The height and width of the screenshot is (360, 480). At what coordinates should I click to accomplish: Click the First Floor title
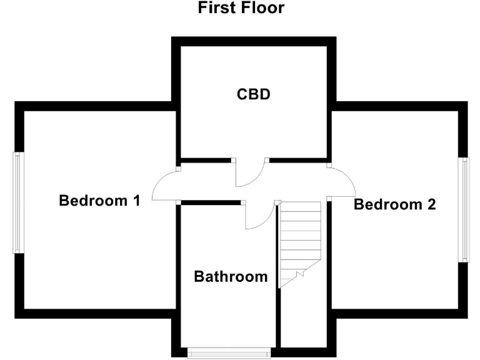point(241,8)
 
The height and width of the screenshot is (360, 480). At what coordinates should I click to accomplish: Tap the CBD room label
point(253,95)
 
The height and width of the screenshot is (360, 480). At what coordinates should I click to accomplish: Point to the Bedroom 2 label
point(394,204)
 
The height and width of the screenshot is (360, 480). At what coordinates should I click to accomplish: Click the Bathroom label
point(231,276)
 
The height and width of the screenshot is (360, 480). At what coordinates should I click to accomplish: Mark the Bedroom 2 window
point(464,209)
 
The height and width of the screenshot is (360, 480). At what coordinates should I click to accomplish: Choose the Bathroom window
point(230,352)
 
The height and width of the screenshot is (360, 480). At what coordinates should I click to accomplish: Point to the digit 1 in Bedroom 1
point(135,201)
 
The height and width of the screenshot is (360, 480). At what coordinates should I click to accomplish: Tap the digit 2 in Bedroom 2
point(431,204)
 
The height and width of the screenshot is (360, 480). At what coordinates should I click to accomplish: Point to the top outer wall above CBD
point(254,41)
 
